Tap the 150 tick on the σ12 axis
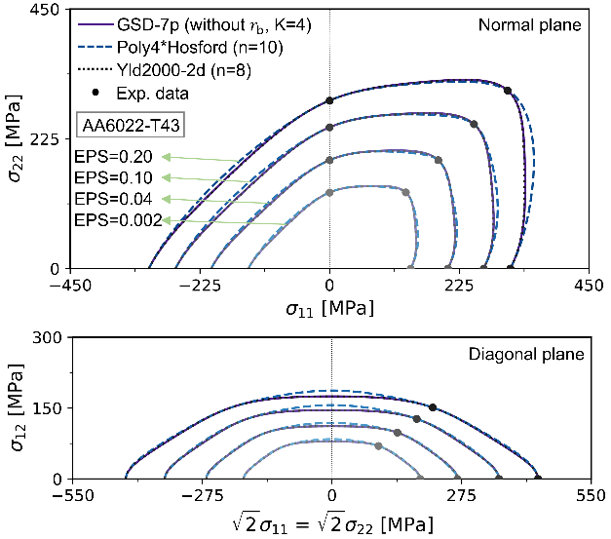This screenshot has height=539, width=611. point(54,408)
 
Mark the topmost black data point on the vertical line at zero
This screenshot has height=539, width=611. point(330,100)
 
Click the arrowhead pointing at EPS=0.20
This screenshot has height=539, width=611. point(167,156)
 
